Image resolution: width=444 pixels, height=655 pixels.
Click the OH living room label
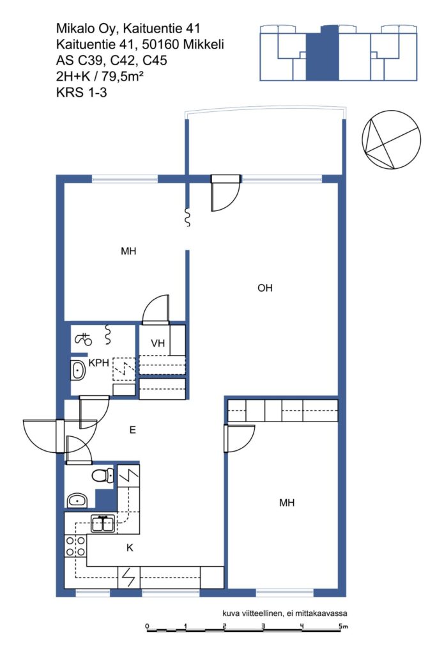pyautogui.click(x=265, y=288)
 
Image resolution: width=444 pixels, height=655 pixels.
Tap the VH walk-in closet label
pyautogui.click(x=158, y=343)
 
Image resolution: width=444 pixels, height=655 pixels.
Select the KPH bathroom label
pyautogui.click(x=99, y=363)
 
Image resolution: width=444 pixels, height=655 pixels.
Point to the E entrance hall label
pyautogui.click(x=133, y=430)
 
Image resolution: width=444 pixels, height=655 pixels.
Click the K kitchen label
pyautogui.click(x=130, y=548)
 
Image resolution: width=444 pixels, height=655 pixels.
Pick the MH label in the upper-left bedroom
pyautogui.click(x=128, y=251)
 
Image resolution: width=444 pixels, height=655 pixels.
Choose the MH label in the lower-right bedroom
pyautogui.click(x=287, y=503)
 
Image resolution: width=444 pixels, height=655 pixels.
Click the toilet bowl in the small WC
pyautogui.click(x=103, y=475)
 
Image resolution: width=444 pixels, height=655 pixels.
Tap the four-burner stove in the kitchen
pyautogui.click(x=75, y=546)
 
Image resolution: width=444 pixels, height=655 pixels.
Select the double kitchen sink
pyautogui.click(x=103, y=523)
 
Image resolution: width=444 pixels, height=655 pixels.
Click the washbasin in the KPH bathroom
pyautogui.click(x=77, y=370)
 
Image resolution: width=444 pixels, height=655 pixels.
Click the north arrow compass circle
pyautogui.click(x=391, y=140)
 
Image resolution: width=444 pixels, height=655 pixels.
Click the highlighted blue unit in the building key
pyautogui.click(x=322, y=53)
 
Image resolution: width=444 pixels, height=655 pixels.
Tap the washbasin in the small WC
pyautogui.click(x=77, y=500)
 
